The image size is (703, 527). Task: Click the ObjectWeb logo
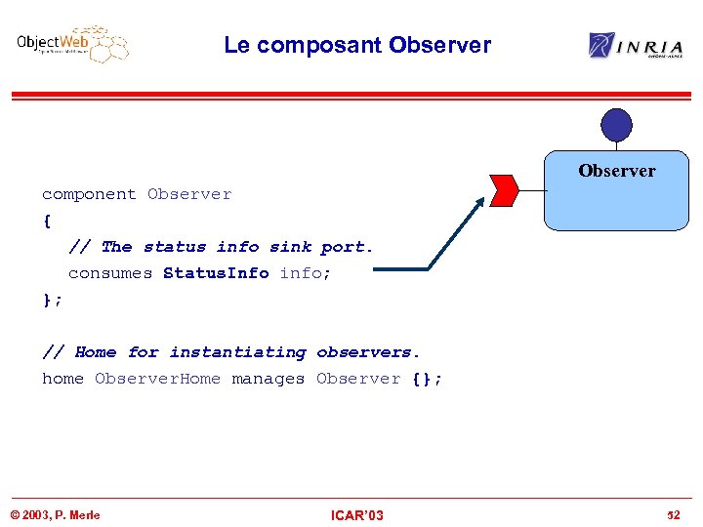point(72,45)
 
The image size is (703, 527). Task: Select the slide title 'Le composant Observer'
point(356,45)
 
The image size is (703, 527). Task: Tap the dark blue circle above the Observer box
point(616,125)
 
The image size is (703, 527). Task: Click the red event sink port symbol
point(504,191)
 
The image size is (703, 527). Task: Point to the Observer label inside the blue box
point(616,171)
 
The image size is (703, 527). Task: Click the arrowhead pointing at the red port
point(478,203)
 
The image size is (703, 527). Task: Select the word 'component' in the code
point(89,194)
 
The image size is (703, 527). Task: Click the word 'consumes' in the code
point(109,273)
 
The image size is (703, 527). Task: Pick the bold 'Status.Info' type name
point(216,273)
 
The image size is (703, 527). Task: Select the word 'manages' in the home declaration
point(268,379)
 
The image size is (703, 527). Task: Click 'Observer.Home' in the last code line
point(157,379)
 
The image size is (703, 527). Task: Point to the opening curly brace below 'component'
point(46,221)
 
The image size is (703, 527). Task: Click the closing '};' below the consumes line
point(51,300)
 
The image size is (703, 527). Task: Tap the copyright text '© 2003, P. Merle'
point(55,515)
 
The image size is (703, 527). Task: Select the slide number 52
point(673,515)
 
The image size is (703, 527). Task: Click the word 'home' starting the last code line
point(62,379)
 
